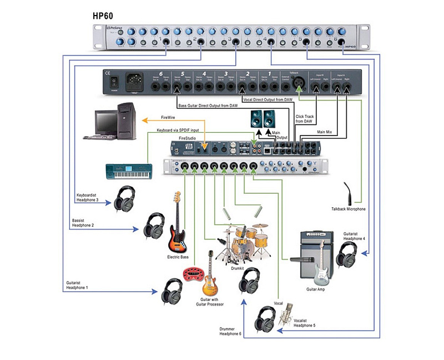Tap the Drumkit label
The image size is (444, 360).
(x=239, y=268)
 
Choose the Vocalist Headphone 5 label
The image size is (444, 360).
(x=305, y=322)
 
